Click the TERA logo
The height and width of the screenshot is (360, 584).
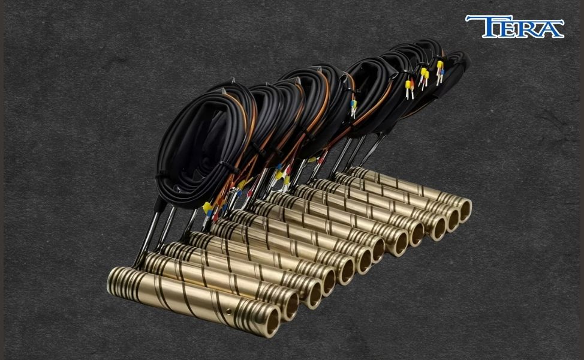pyautogui.click(x=514, y=26)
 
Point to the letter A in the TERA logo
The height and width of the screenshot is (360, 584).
pyautogui.click(x=550, y=29)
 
